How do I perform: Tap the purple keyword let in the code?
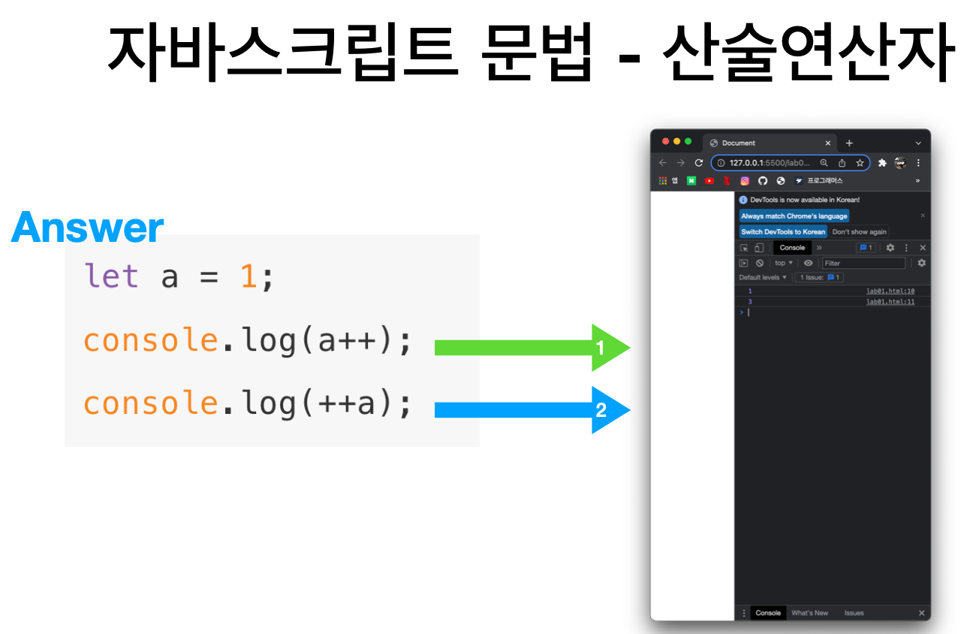(x=111, y=276)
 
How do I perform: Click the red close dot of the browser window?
(x=665, y=142)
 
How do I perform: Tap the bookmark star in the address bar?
(x=860, y=163)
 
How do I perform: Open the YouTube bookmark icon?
(x=709, y=181)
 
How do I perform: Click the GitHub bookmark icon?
(x=763, y=181)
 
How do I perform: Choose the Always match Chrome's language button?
(x=794, y=216)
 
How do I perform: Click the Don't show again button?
(x=859, y=231)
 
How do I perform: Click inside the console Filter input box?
(x=863, y=263)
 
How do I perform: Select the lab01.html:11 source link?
(x=890, y=302)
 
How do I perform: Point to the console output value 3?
(x=749, y=302)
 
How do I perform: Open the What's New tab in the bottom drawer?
(x=809, y=613)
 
